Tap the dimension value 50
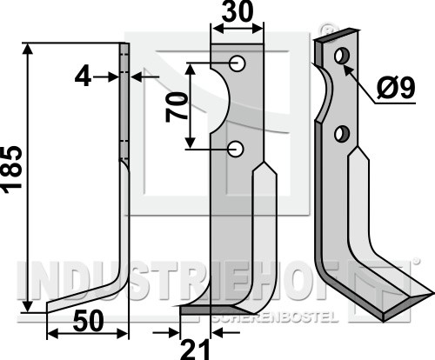(x=89, y=321)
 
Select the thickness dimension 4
(x=84, y=77)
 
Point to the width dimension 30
(x=238, y=12)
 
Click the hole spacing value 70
(x=176, y=107)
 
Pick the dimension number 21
(x=194, y=350)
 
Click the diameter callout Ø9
(x=397, y=89)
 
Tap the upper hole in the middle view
(x=238, y=63)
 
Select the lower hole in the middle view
(x=237, y=150)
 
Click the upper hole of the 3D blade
(x=342, y=56)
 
